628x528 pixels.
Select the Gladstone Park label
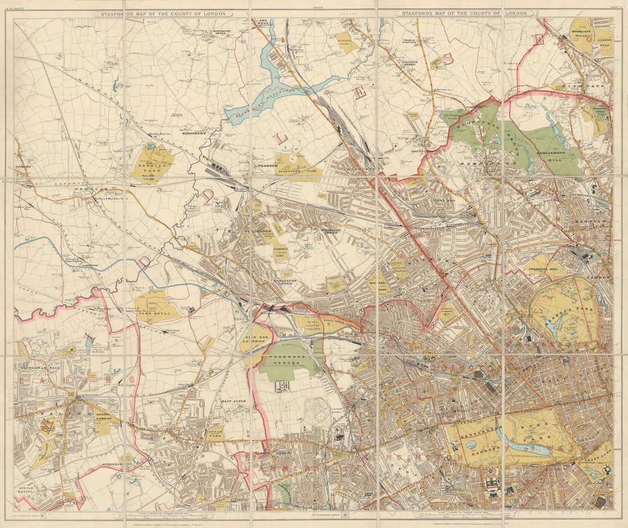[299, 170]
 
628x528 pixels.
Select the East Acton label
[233, 402]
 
